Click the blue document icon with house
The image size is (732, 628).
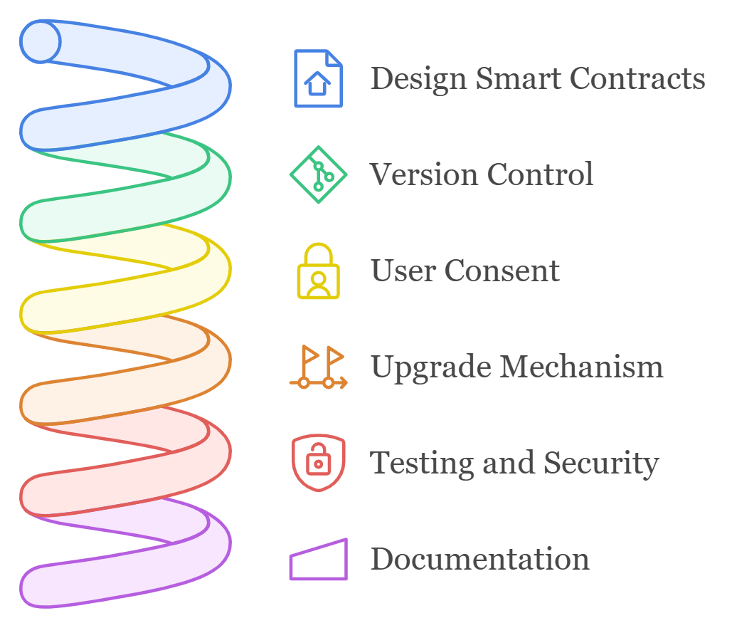(x=318, y=78)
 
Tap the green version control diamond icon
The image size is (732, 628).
(x=318, y=174)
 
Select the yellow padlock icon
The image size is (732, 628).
(x=318, y=271)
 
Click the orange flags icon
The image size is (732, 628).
(x=318, y=367)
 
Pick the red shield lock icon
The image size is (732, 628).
(x=318, y=464)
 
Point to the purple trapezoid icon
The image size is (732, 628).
(x=318, y=560)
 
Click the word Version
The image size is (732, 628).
(x=423, y=174)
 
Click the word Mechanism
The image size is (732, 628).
(x=580, y=367)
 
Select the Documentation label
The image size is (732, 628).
(x=479, y=559)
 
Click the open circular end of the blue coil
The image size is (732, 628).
(x=41, y=41)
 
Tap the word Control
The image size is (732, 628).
(x=540, y=174)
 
